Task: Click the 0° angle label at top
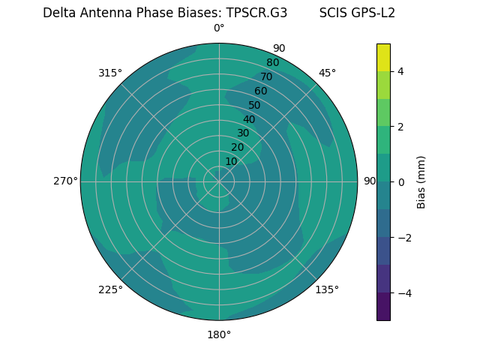[x=219, y=28]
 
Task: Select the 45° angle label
[x=327, y=73]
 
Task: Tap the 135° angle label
[x=327, y=289]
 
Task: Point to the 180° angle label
[x=219, y=334]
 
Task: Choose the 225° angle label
[x=110, y=290]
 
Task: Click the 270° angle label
[x=65, y=181]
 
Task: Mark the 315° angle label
[x=110, y=73]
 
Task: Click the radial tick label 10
[x=231, y=161]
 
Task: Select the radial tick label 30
[x=243, y=133]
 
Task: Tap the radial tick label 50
[x=254, y=105]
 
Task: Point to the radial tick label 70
[x=266, y=76]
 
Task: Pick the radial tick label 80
[x=272, y=62]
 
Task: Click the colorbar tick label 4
[x=400, y=71]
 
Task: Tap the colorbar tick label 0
[x=400, y=181]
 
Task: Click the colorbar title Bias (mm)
[x=421, y=181]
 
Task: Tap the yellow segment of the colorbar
[x=383, y=57]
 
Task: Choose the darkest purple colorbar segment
[x=383, y=306]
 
